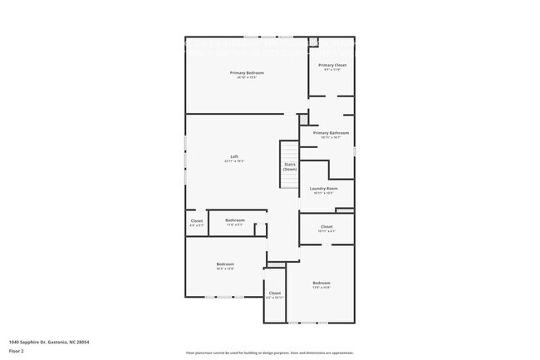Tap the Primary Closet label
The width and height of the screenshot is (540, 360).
(332, 65)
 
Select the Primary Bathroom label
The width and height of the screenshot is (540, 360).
(331, 133)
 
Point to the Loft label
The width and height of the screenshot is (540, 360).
(234, 157)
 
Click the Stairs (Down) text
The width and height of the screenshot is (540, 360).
(290, 166)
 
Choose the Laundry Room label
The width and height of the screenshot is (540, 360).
(323, 189)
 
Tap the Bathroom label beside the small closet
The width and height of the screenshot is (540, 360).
(234, 220)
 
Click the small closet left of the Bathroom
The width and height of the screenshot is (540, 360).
(196, 223)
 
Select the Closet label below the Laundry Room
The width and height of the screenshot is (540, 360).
(326, 226)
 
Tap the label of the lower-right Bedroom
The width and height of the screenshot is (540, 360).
(322, 284)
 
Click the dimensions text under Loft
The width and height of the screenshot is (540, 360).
(234, 161)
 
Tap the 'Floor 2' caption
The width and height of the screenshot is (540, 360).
(17, 351)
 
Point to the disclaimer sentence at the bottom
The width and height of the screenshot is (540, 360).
(270, 353)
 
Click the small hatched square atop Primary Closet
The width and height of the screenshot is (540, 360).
(313, 41)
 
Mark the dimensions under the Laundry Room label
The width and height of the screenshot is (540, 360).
(323, 193)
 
